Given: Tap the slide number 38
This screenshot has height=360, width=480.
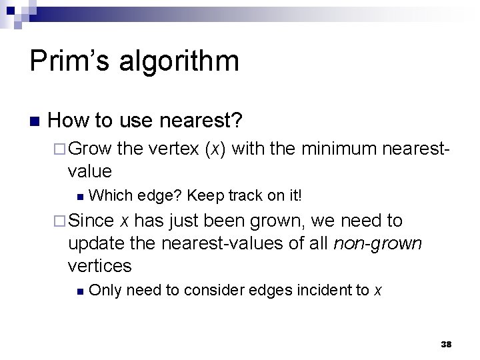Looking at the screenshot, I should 447,345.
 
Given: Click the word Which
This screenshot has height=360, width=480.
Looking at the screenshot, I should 108,196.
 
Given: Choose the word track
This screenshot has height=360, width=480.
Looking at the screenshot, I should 250,196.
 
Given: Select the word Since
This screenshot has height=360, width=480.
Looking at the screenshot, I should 91,221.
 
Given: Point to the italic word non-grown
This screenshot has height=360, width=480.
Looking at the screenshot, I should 377,243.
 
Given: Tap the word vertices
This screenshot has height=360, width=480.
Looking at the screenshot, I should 100,266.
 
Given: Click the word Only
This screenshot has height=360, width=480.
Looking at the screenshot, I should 105,290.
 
